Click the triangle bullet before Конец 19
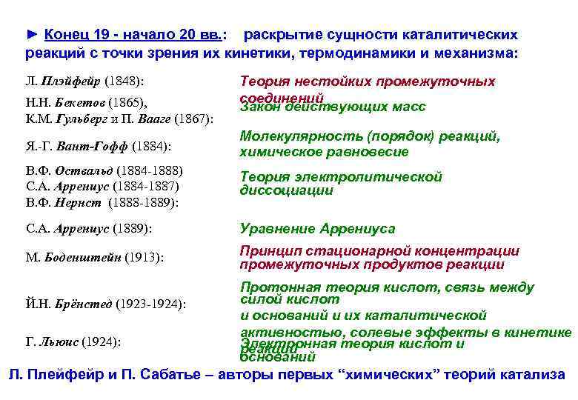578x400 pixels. coord(32,35)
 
